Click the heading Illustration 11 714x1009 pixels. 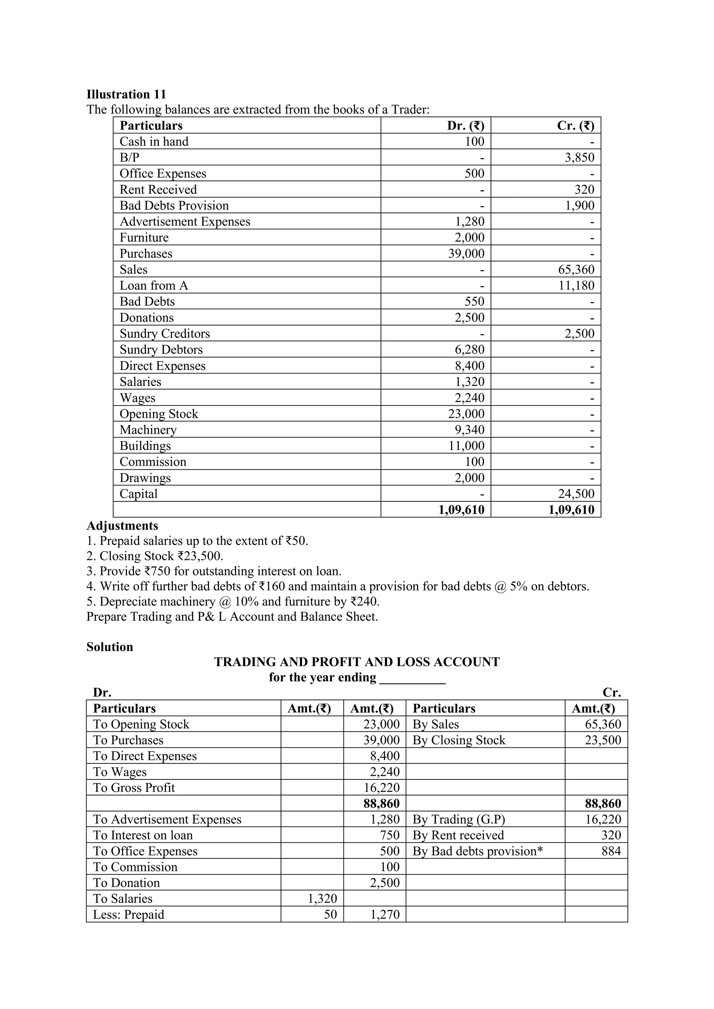[x=126, y=94]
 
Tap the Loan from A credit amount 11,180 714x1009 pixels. [x=576, y=286]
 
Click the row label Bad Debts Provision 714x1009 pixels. [x=174, y=206]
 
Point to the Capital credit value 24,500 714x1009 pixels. [x=576, y=494]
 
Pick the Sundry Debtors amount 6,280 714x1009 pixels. [x=469, y=350]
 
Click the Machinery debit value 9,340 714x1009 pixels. [x=469, y=430]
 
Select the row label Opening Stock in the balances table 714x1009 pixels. [x=159, y=414]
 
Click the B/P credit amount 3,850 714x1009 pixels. [x=579, y=157]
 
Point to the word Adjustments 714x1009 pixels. [x=122, y=526]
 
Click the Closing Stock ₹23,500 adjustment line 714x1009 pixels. [x=155, y=556]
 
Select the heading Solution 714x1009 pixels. [x=109, y=647]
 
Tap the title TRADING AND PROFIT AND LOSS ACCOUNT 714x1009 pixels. [x=357, y=662]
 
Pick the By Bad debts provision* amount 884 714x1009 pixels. [x=611, y=851]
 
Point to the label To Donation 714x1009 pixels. [x=126, y=883]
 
